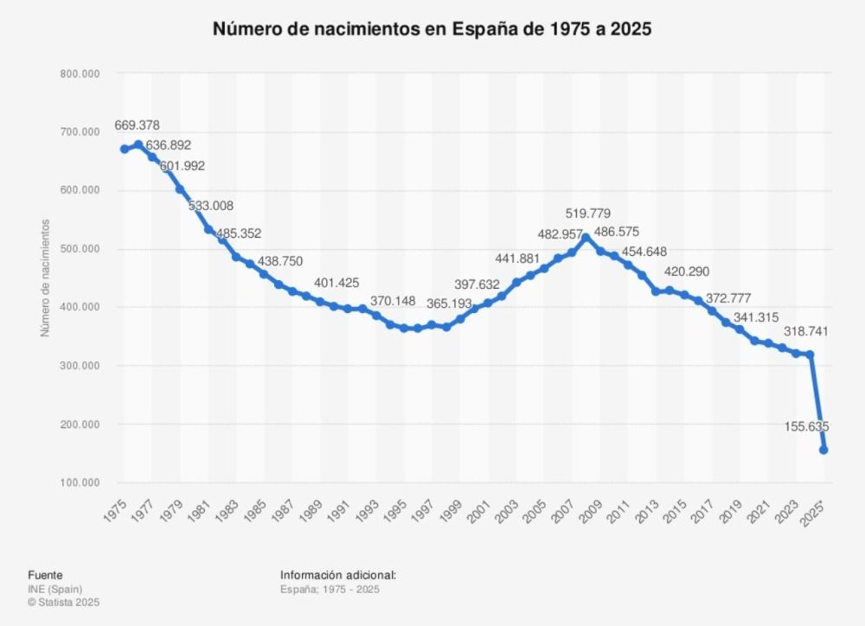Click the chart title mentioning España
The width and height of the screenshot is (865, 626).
coord(432,29)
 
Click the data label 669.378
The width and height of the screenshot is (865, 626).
coord(137,125)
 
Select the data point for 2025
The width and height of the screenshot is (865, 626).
coord(823,450)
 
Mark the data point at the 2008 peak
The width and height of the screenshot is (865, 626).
coord(586,237)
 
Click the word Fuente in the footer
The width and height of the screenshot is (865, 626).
coord(45,575)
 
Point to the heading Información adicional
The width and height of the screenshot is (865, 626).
coord(338,575)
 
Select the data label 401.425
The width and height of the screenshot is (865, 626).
coord(336,283)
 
